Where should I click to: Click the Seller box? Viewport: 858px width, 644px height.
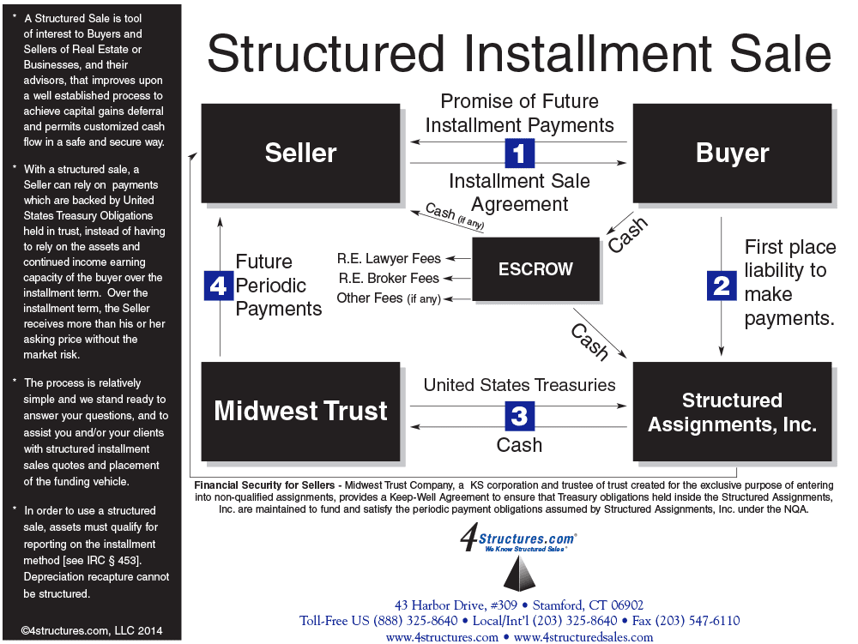pos(300,153)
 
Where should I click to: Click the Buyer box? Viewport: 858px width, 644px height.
pos(732,153)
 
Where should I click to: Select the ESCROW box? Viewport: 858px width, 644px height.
pos(535,268)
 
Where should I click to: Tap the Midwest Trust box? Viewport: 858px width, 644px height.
pos(300,411)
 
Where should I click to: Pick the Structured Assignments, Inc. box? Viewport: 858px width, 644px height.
pos(732,412)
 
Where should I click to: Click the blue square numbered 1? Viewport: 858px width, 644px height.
pos(519,153)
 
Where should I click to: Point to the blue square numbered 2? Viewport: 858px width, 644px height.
pos(722,285)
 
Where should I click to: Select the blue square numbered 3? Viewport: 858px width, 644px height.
pos(519,416)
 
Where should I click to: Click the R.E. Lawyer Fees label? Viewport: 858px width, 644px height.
pos(390,258)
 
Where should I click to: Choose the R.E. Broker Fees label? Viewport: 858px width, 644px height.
pos(389,278)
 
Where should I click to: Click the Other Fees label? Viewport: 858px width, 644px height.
pos(389,298)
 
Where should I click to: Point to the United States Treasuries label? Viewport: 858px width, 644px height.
pos(519,385)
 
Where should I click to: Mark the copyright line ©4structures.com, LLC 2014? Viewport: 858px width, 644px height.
pos(91,631)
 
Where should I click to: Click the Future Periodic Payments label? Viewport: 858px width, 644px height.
pos(278,285)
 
